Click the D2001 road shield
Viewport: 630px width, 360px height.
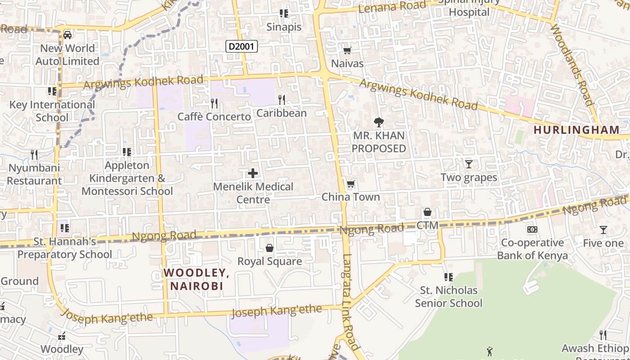(242, 46)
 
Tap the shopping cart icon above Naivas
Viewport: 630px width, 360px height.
(347, 50)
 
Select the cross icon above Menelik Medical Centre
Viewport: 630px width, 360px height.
(253, 173)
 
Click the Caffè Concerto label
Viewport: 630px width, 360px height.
(214, 117)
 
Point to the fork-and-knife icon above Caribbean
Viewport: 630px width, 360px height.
(282, 99)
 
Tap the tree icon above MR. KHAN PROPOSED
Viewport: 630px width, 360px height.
(378, 121)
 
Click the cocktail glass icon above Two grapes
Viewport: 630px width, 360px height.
(468, 164)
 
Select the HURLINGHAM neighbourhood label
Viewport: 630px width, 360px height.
(576, 130)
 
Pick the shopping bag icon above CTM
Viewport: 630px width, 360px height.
(427, 211)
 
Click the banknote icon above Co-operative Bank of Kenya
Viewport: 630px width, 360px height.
(532, 229)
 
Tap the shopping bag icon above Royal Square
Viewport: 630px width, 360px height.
(269, 248)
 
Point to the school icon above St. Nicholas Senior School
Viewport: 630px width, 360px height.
(448, 277)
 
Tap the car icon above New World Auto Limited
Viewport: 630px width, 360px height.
(67, 35)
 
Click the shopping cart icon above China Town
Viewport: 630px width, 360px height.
(351, 184)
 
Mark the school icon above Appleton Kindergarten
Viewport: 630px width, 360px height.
(127, 152)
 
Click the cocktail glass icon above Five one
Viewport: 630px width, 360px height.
(603, 230)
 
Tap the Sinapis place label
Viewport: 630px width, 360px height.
(283, 27)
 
